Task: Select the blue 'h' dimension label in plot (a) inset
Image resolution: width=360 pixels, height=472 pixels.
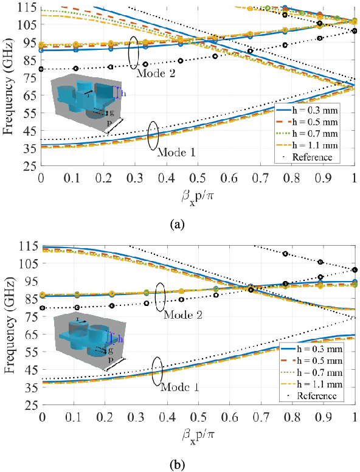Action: point(124,94)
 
